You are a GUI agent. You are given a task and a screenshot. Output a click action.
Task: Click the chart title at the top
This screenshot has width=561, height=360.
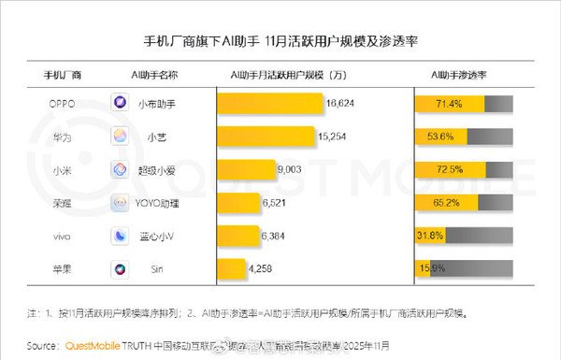pyautogui.click(x=280, y=41)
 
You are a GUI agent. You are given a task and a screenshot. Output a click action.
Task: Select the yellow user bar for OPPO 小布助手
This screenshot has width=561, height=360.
pyautogui.click(x=270, y=102)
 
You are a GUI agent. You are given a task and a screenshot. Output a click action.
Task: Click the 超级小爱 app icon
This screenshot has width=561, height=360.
pyautogui.click(x=122, y=169)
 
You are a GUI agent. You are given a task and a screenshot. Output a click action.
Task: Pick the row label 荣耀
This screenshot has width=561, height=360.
pyautogui.click(x=63, y=203)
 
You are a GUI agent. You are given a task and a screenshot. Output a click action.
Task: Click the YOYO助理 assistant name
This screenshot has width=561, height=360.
pyautogui.click(x=169, y=203)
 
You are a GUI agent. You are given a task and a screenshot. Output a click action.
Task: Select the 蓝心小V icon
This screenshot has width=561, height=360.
pyautogui.click(x=122, y=236)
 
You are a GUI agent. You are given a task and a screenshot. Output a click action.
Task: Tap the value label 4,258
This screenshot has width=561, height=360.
pyautogui.click(x=263, y=269)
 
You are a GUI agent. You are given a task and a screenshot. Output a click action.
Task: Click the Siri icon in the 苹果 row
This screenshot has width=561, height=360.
pyautogui.click(x=122, y=269)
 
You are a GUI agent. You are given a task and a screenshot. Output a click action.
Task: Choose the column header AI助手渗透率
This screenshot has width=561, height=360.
pyautogui.click(x=465, y=74)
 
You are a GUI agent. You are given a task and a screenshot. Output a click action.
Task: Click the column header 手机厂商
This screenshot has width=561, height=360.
pyautogui.click(x=63, y=74)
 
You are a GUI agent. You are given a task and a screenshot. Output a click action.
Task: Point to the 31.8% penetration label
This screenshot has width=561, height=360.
pyautogui.click(x=431, y=236)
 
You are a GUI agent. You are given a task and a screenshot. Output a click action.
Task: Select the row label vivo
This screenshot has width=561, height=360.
pyautogui.click(x=63, y=236)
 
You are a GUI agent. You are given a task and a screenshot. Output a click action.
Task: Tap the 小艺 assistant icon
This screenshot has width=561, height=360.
pyautogui.click(x=122, y=136)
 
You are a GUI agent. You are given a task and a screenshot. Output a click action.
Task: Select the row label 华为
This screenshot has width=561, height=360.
pyautogui.click(x=63, y=136)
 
